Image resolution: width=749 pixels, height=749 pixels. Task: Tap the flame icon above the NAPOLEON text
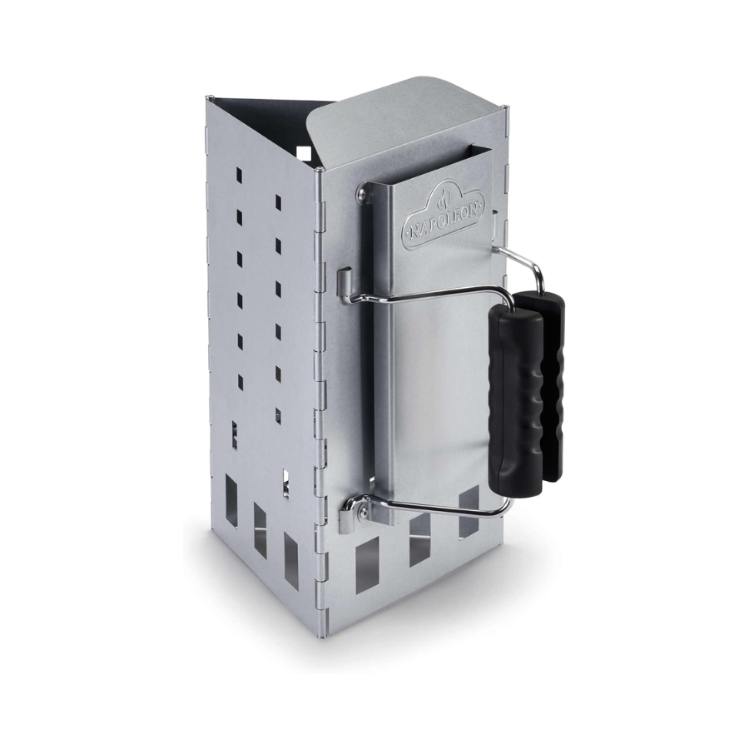[444, 199]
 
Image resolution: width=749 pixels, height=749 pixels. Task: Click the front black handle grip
[516, 402]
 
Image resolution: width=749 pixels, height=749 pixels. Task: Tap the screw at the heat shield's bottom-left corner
[365, 513]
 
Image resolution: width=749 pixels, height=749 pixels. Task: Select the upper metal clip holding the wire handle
[344, 282]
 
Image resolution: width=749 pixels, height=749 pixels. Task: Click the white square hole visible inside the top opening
[304, 153]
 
